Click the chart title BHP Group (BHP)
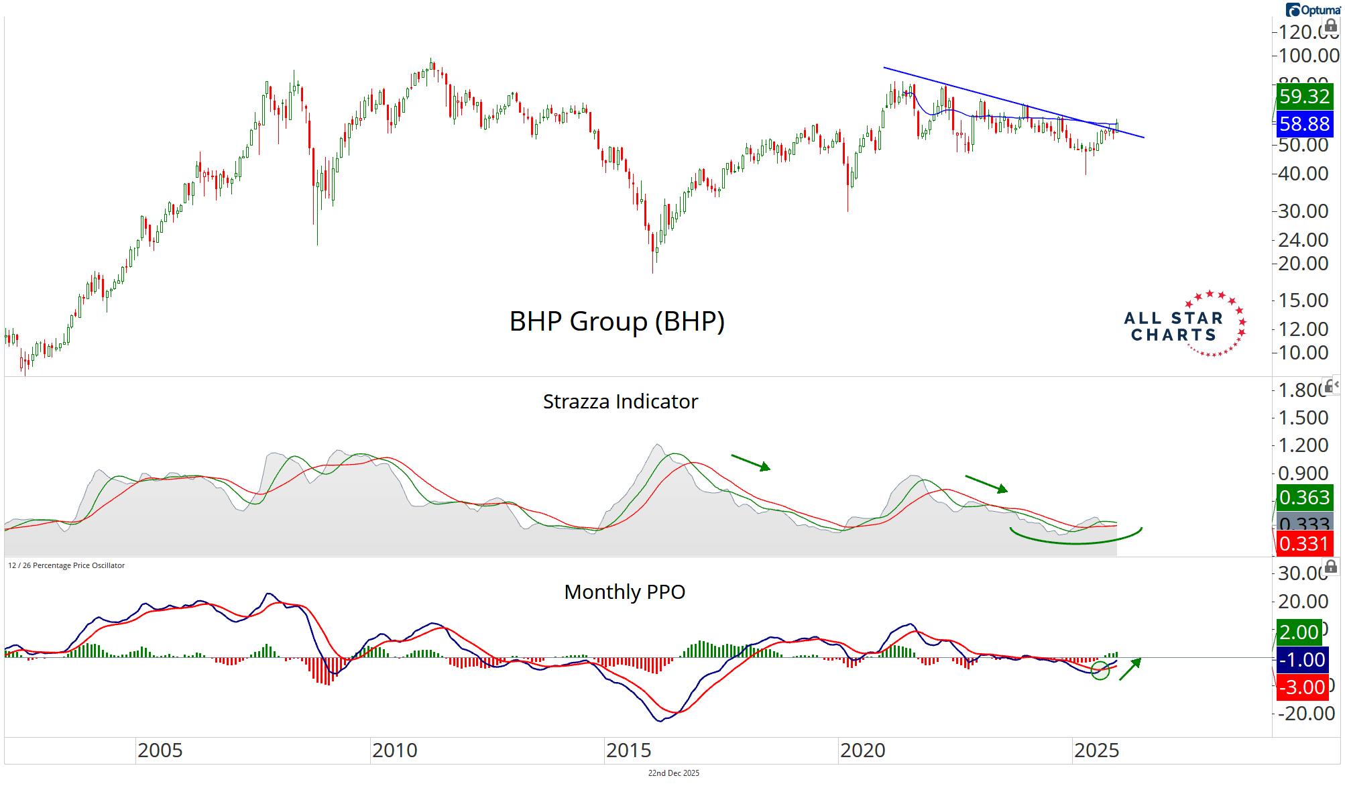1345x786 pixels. (x=617, y=321)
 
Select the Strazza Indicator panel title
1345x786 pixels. (x=620, y=401)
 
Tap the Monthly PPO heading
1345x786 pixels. (x=624, y=592)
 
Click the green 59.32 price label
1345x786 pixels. (x=1303, y=97)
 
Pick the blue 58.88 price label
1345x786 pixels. (x=1303, y=124)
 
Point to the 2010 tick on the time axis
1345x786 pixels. (x=394, y=750)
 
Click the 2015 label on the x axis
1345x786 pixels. (x=628, y=750)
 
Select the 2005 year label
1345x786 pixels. (x=160, y=750)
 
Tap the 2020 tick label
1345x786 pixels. (x=862, y=750)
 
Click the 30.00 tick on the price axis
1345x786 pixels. (x=1303, y=211)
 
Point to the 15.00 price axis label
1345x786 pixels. (x=1303, y=300)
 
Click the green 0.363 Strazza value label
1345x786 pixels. (x=1303, y=498)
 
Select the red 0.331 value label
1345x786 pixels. (x=1303, y=543)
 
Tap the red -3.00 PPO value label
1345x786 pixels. (x=1302, y=687)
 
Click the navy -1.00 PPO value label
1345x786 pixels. (x=1302, y=660)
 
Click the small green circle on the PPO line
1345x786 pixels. (x=1100, y=670)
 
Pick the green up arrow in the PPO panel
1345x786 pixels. (x=1130, y=669)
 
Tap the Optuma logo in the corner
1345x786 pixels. (x=1312, y=9)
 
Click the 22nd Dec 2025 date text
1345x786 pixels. (x=673, y=773)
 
